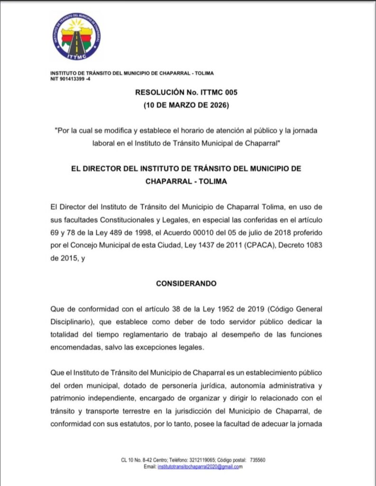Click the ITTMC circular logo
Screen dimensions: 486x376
pos(76,37)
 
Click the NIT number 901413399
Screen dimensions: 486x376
pos(77,79)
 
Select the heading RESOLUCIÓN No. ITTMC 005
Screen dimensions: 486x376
pos(186,93)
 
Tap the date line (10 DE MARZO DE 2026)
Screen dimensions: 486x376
pos(186,105)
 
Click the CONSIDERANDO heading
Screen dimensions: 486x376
pos(186,283)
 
